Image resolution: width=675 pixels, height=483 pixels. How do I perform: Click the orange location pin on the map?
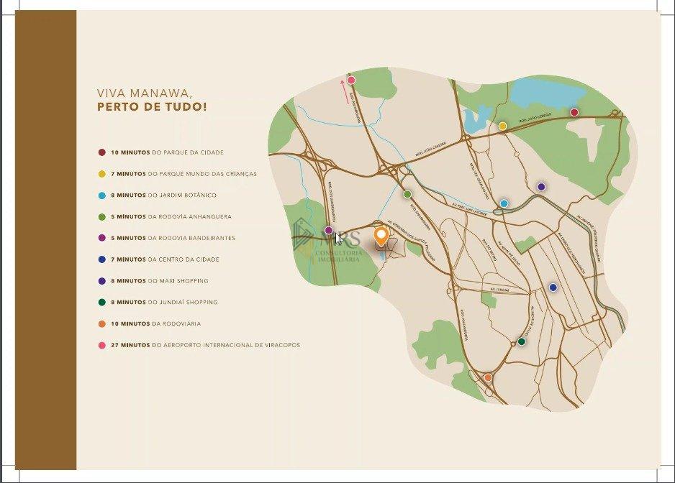381,235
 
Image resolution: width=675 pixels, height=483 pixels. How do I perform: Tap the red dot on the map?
574,112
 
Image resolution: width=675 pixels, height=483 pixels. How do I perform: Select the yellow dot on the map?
502,126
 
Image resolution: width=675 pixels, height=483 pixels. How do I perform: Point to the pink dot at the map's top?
351,80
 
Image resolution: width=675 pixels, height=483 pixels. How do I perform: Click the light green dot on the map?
407,194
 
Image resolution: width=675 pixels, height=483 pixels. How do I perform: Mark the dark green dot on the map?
521,341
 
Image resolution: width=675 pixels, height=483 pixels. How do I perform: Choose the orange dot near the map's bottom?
488,377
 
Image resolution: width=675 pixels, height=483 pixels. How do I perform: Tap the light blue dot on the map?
504,203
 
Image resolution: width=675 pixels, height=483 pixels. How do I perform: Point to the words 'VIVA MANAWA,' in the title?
144,93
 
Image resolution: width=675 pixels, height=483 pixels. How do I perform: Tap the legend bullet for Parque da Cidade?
102,152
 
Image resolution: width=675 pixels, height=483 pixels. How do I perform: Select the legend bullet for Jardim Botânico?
102,195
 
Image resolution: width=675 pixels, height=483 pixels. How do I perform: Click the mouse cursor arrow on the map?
338,238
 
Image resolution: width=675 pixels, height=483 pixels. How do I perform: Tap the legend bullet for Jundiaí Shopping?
102,303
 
